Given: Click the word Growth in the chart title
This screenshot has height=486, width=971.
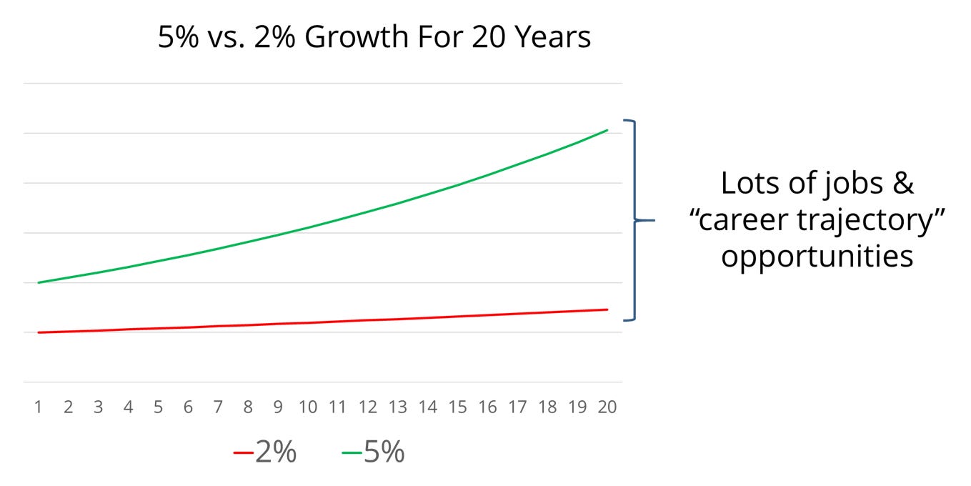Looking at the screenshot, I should point(357,36).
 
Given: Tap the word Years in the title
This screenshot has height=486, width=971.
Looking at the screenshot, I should point(550,36).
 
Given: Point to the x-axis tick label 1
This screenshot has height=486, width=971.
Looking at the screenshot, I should point(38,407).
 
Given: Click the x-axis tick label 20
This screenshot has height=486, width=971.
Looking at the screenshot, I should point(607,407).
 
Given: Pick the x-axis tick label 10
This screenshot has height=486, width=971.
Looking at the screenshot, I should point(308,407).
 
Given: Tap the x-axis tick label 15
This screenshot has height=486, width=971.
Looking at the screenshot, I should point(457,407).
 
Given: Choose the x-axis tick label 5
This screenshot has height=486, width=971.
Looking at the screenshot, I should point(158,407).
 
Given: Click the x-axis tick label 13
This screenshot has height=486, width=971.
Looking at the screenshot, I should point(397,407).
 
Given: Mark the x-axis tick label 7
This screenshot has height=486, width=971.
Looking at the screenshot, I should point(218,407).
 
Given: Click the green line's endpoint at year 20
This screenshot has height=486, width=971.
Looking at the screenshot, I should point(607,130).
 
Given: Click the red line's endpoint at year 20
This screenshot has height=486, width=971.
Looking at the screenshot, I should point(607,309).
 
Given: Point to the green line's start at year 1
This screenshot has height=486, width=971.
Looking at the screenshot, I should point(38,282).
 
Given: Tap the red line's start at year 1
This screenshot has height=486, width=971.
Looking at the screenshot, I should point(38,332).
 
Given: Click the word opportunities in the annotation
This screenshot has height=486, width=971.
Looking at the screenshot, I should point(817,256).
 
